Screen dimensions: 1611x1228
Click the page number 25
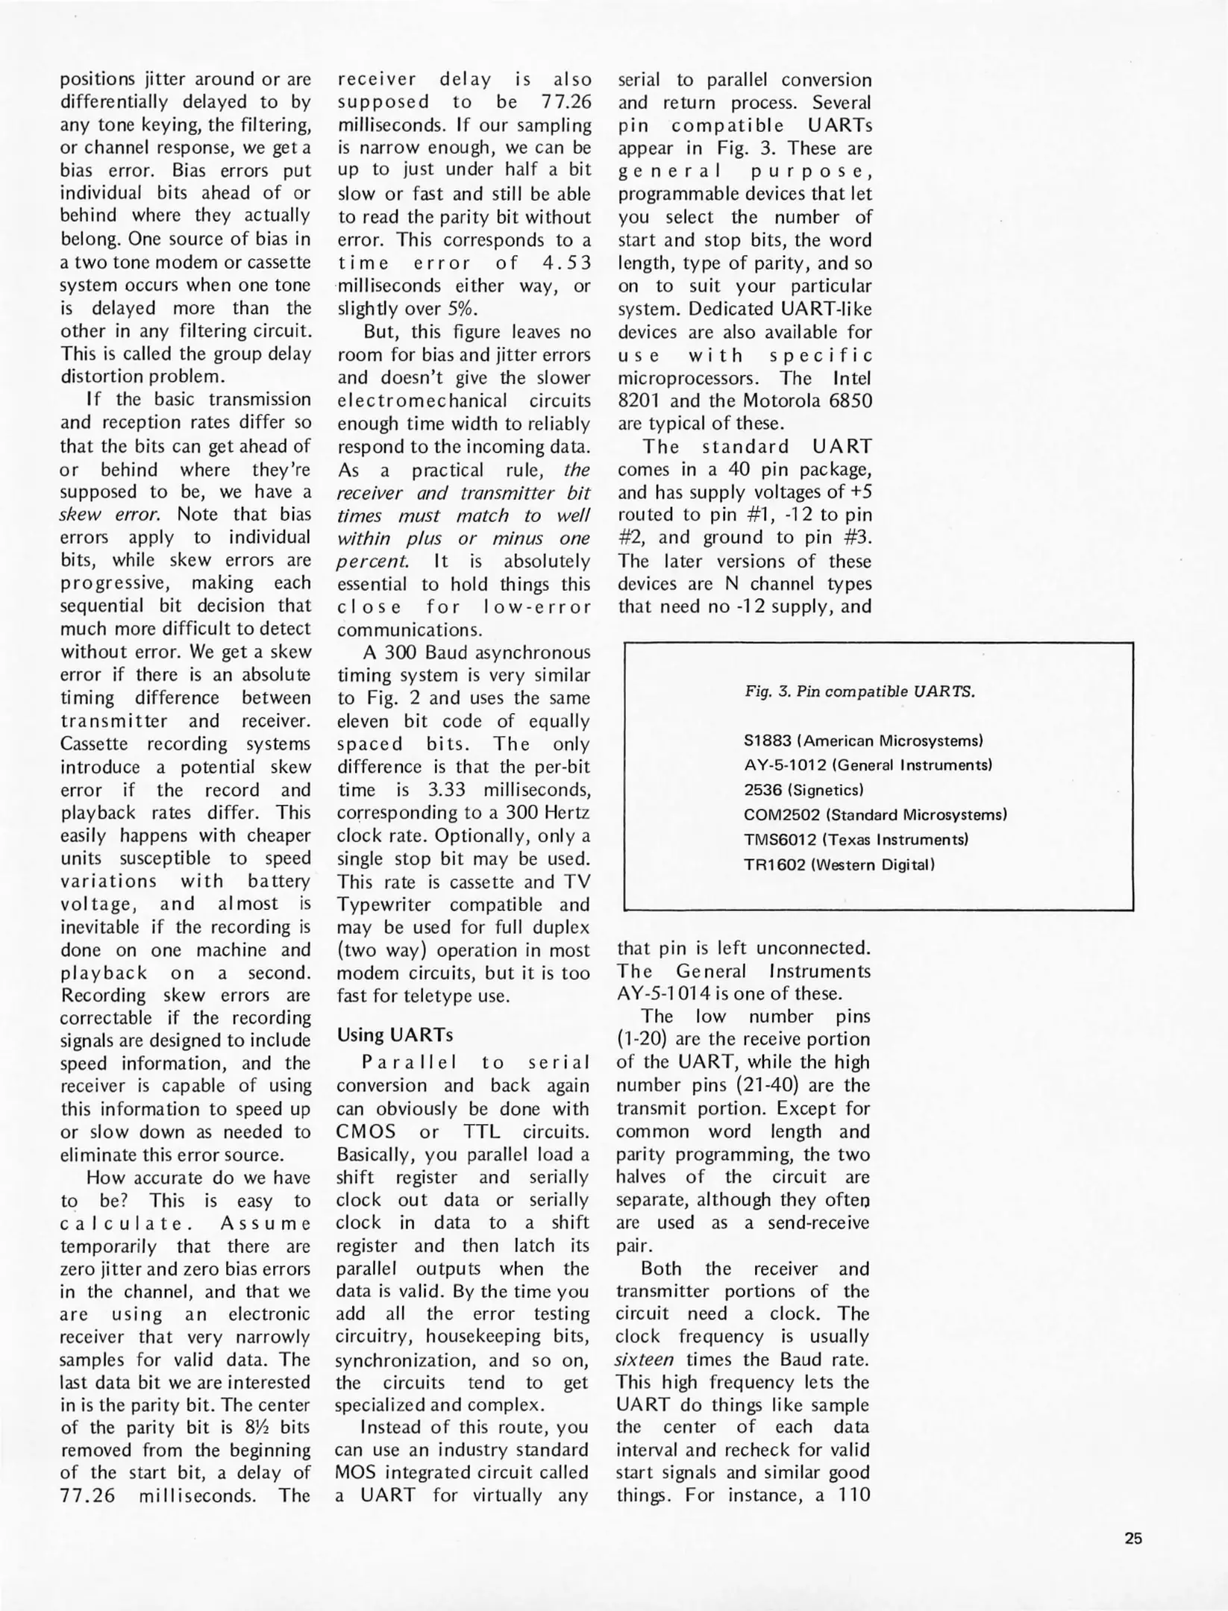[x=1133, y=1539]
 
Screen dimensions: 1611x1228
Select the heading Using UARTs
[x=395, y=1034]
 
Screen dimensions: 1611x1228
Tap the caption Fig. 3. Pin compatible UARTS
[x=859, y=691]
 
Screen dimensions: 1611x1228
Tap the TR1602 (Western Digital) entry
[x=839, y=865]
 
